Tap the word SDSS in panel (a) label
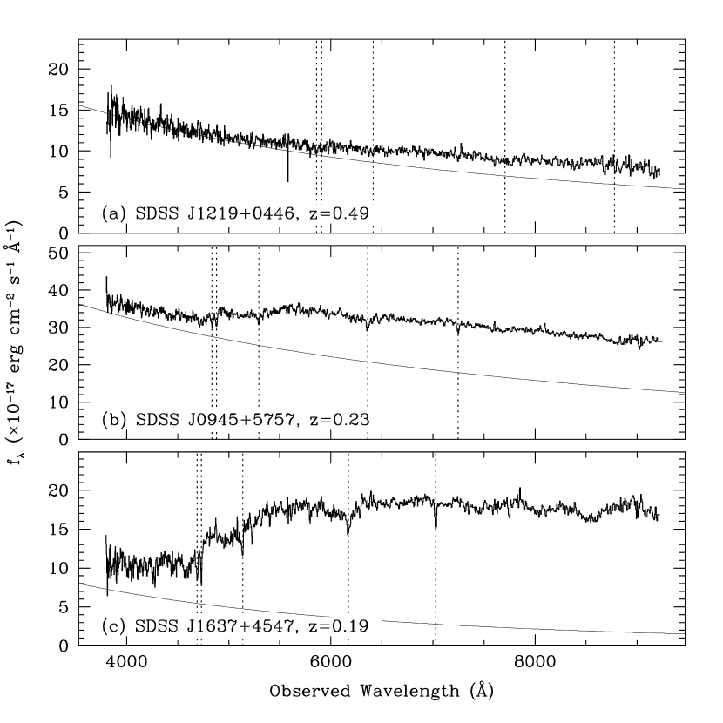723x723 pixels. (x=156, y=214)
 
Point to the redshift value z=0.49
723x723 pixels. (x=340, y=214)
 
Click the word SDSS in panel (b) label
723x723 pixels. (x=156, y=421)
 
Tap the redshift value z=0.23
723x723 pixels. (x=340, y=421)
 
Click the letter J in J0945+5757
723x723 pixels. (x=193, y=421)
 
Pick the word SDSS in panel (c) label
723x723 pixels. (x=156, y=627)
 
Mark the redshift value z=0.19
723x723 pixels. (x=340, y=627)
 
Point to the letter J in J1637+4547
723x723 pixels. (x=193, y=627)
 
